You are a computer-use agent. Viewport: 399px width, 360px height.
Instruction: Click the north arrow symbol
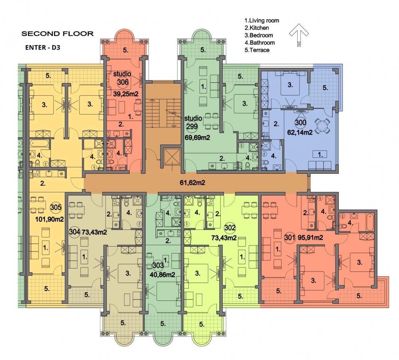tap(299, 35)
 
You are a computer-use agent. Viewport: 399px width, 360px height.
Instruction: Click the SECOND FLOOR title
tap(57, 34)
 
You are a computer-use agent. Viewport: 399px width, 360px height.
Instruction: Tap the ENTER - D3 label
tap(43, 47)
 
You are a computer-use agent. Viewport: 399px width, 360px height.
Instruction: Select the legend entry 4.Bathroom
tap(260, 43)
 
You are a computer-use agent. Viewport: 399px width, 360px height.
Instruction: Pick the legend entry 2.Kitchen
tap(257, 28)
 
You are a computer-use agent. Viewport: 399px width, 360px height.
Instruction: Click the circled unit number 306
tap(122, 82)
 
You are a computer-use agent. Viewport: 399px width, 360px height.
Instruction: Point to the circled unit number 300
tap(300, 123)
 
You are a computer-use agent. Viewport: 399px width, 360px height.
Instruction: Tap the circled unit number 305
tap(56, 207)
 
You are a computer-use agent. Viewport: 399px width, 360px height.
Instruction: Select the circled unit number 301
tap(290, 238)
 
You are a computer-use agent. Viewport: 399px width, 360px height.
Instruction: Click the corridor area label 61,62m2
tap(192, 182)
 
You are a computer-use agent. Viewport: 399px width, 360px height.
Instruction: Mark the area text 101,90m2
tap(49, 219)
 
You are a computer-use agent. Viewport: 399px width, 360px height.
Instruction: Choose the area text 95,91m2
tap(310, 238)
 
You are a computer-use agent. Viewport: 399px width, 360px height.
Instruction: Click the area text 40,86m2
tap(162, 275)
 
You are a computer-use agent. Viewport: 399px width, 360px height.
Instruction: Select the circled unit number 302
tap(230, 227)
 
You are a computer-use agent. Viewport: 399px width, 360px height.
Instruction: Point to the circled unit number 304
tap(75, 232)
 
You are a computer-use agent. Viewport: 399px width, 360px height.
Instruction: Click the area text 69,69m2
tap(198, 138)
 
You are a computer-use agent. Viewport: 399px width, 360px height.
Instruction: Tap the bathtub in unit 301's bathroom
tap(370, 222)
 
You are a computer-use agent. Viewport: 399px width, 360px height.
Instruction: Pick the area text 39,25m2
tap(126, 94)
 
